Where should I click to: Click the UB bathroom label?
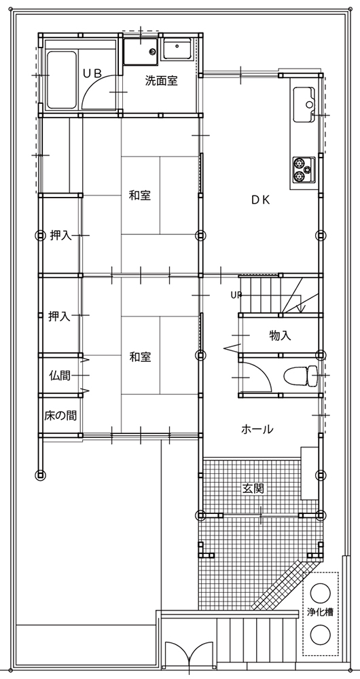point(92,73)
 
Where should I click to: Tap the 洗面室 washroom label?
point(161,81)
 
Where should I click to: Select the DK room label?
point(261,200)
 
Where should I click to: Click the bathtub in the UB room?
point(62,80)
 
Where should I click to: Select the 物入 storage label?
point(280,335)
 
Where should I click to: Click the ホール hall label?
point(257,429)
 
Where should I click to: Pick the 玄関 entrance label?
point(253,489)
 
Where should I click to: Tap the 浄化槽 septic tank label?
point(320,612)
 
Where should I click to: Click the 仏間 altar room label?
point(59,375)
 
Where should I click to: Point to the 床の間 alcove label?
point(60,416)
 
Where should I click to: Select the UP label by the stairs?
point(236,295)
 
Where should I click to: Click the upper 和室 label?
point(140,196)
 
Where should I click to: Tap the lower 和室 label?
point(140,357)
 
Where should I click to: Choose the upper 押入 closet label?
point(60,236)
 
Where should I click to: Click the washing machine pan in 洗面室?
point(141,52)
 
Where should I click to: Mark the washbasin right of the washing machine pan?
point(178,50)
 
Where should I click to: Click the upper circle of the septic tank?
point(320,592)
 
